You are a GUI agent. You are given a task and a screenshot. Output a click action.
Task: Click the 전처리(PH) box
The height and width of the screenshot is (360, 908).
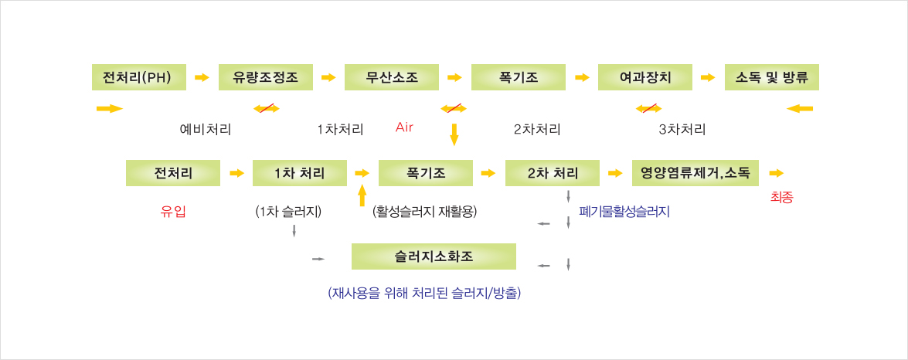tap(139, 77)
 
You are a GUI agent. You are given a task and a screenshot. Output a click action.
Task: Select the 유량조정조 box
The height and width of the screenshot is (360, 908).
tap(266, 77)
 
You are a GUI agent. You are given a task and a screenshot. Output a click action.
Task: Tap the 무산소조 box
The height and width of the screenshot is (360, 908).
tap(392, 77)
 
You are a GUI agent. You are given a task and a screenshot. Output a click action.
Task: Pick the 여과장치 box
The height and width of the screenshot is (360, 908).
tap(645, 77)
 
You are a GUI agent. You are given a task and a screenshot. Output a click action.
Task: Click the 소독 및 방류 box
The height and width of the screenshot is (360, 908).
tap(771, 77)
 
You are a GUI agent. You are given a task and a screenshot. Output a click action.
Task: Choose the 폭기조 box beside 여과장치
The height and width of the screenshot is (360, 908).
tap(519, 77)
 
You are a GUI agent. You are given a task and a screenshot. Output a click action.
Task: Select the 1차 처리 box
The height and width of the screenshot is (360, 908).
tap(299, 173)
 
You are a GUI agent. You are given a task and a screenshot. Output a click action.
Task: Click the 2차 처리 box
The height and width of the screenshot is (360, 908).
tap(553, 173)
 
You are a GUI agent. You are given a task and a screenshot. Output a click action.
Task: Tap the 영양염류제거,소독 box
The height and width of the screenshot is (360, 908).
tap(695, 173)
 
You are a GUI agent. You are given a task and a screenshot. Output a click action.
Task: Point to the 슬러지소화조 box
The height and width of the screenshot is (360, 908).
tap(434, 256)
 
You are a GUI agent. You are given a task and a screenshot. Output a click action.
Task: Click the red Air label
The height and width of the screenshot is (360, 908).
tap(404, 126)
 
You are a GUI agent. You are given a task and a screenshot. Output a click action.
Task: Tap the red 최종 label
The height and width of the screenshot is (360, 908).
tap(782, 198)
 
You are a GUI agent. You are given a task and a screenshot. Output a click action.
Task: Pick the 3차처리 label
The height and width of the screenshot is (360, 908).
tap(682, 129)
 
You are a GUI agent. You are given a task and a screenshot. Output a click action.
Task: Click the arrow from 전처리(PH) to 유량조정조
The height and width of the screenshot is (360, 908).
tap(202, 77)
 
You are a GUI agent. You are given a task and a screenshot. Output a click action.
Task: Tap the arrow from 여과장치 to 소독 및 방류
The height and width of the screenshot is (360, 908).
tap(707, 77)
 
